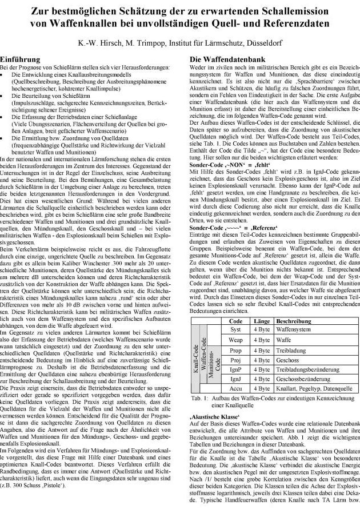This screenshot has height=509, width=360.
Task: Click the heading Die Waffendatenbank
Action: pos(227,59)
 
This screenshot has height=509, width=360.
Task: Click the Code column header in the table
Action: pos(235,322)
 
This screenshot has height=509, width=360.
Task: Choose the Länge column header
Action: pos(261,322)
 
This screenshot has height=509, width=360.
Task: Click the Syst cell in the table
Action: pos(235,330)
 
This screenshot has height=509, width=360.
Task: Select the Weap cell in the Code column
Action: pos(235,340)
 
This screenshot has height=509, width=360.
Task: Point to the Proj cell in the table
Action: pos(235,360)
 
